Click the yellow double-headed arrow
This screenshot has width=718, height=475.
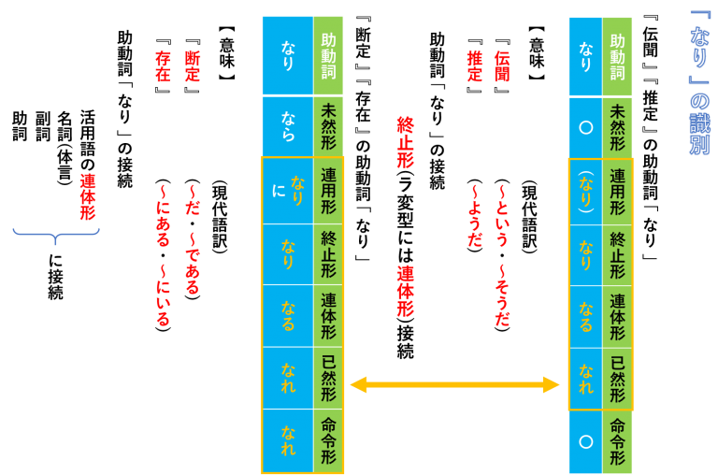point(454,384)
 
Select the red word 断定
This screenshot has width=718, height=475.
point(192,66)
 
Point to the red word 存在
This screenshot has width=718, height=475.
point(163,66)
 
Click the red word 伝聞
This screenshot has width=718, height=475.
point(502,66)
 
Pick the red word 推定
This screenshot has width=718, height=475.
point(474,66)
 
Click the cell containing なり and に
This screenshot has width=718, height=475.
point(288,191)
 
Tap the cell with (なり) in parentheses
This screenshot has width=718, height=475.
point(585,192)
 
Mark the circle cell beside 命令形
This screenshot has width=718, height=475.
point(585,441)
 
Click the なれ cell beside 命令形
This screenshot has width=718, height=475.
point(288,440)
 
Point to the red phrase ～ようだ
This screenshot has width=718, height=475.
point(474,215)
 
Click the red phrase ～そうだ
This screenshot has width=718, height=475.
point(502,295)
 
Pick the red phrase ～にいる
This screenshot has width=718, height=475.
point(163,295)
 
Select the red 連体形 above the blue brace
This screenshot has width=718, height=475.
point(88,196)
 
